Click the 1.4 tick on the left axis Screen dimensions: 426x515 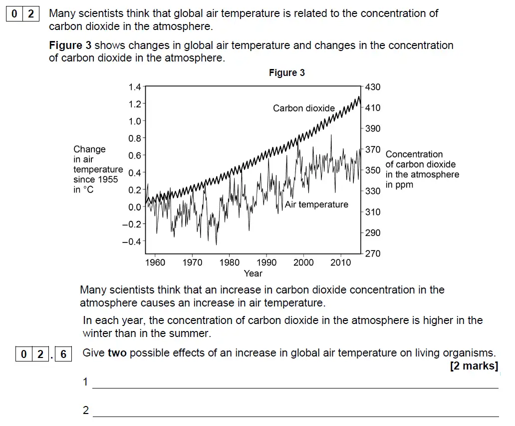[135, 87]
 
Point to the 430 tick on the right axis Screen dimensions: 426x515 [373, 87]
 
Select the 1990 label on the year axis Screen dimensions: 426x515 [266, 262]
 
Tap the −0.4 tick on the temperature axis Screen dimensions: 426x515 [132, 241]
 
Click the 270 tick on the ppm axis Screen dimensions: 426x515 [373, 253]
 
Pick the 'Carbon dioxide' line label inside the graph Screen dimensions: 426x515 [304, 108]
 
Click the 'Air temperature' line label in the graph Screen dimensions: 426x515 [316, 204]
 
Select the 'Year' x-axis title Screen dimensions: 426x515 [253, 273]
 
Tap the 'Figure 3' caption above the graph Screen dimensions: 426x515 [286, 73]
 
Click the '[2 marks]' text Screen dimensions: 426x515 [474, 366]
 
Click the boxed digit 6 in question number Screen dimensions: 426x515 [63, 354]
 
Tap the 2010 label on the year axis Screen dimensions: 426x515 [341, 262]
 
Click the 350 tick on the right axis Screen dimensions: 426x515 [373, 170]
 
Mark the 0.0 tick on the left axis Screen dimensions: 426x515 [135, 207]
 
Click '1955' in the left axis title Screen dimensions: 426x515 [108, 179]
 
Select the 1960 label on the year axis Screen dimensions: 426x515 [155, 262]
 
